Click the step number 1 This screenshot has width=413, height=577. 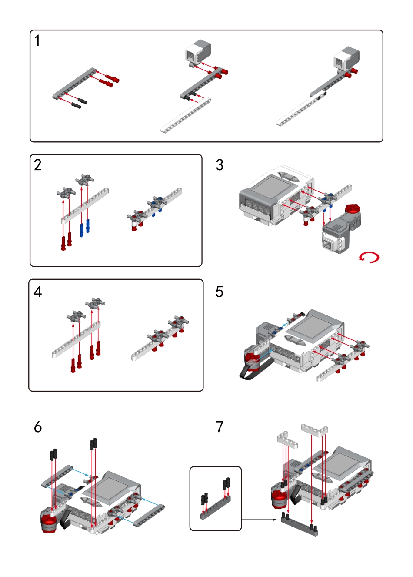37,40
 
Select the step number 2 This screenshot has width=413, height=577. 38,165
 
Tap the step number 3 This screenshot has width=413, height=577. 220,165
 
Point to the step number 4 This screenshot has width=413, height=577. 38,292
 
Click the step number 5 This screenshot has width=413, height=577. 220,292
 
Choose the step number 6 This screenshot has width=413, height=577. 38,427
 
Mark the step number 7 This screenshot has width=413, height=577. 220,427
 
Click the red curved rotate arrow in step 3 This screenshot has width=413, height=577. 369,257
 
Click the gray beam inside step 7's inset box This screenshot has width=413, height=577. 216,507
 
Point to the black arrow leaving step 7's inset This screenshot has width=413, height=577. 259,520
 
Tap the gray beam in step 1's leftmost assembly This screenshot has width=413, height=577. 74,82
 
